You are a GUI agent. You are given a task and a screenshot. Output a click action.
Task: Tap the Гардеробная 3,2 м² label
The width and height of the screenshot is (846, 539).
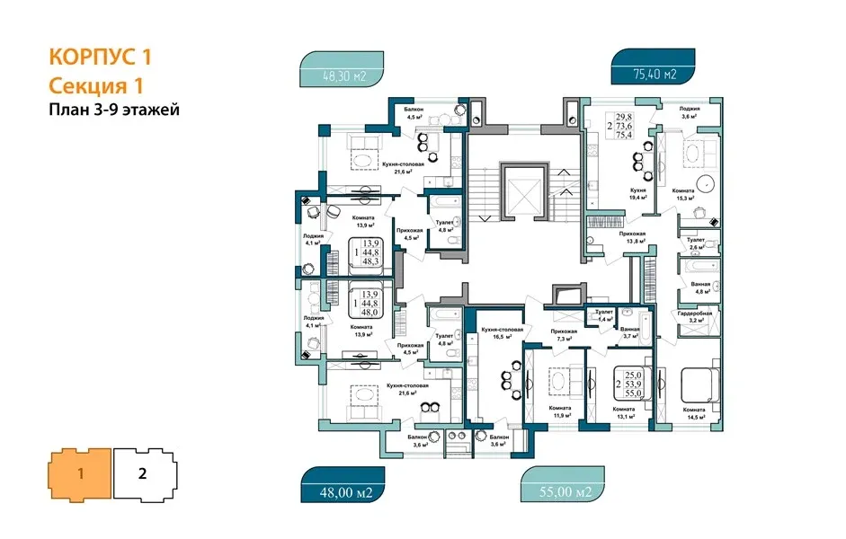(694, 315)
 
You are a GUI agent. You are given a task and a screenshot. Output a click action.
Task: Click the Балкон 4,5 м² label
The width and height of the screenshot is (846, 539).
(414, 112)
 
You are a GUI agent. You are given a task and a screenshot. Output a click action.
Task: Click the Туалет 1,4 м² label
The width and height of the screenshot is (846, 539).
(603, 315)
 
